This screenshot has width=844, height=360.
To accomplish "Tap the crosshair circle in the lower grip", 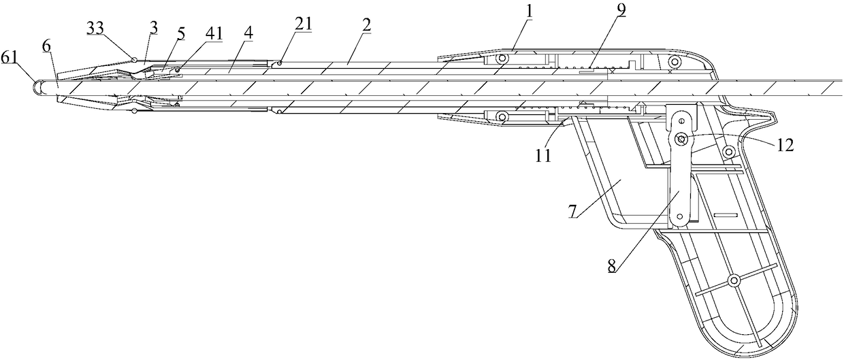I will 734,281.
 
